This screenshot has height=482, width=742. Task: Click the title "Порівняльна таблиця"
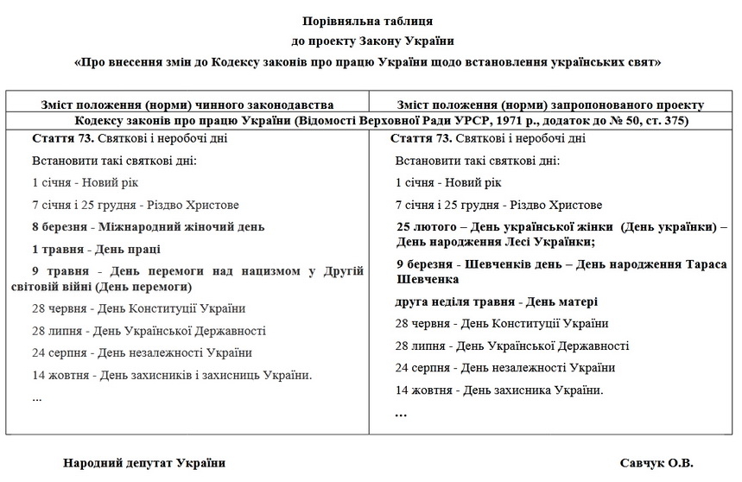coord(367,20)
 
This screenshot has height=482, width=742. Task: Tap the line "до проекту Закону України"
coord(367,41)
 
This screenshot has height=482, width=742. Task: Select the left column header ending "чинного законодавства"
coord(188,105)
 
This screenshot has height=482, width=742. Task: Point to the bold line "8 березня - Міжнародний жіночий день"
coord(148,227)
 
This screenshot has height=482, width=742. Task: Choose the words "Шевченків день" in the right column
coord(520,264)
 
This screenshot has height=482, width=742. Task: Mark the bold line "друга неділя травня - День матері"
coord(497,301)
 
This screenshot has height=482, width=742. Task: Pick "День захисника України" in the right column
coord(532,390)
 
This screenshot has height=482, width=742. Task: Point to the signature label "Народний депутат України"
coord(144,463)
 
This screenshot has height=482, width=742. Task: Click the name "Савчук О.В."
coord(656,463)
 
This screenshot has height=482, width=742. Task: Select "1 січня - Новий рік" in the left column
coord(85,183)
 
